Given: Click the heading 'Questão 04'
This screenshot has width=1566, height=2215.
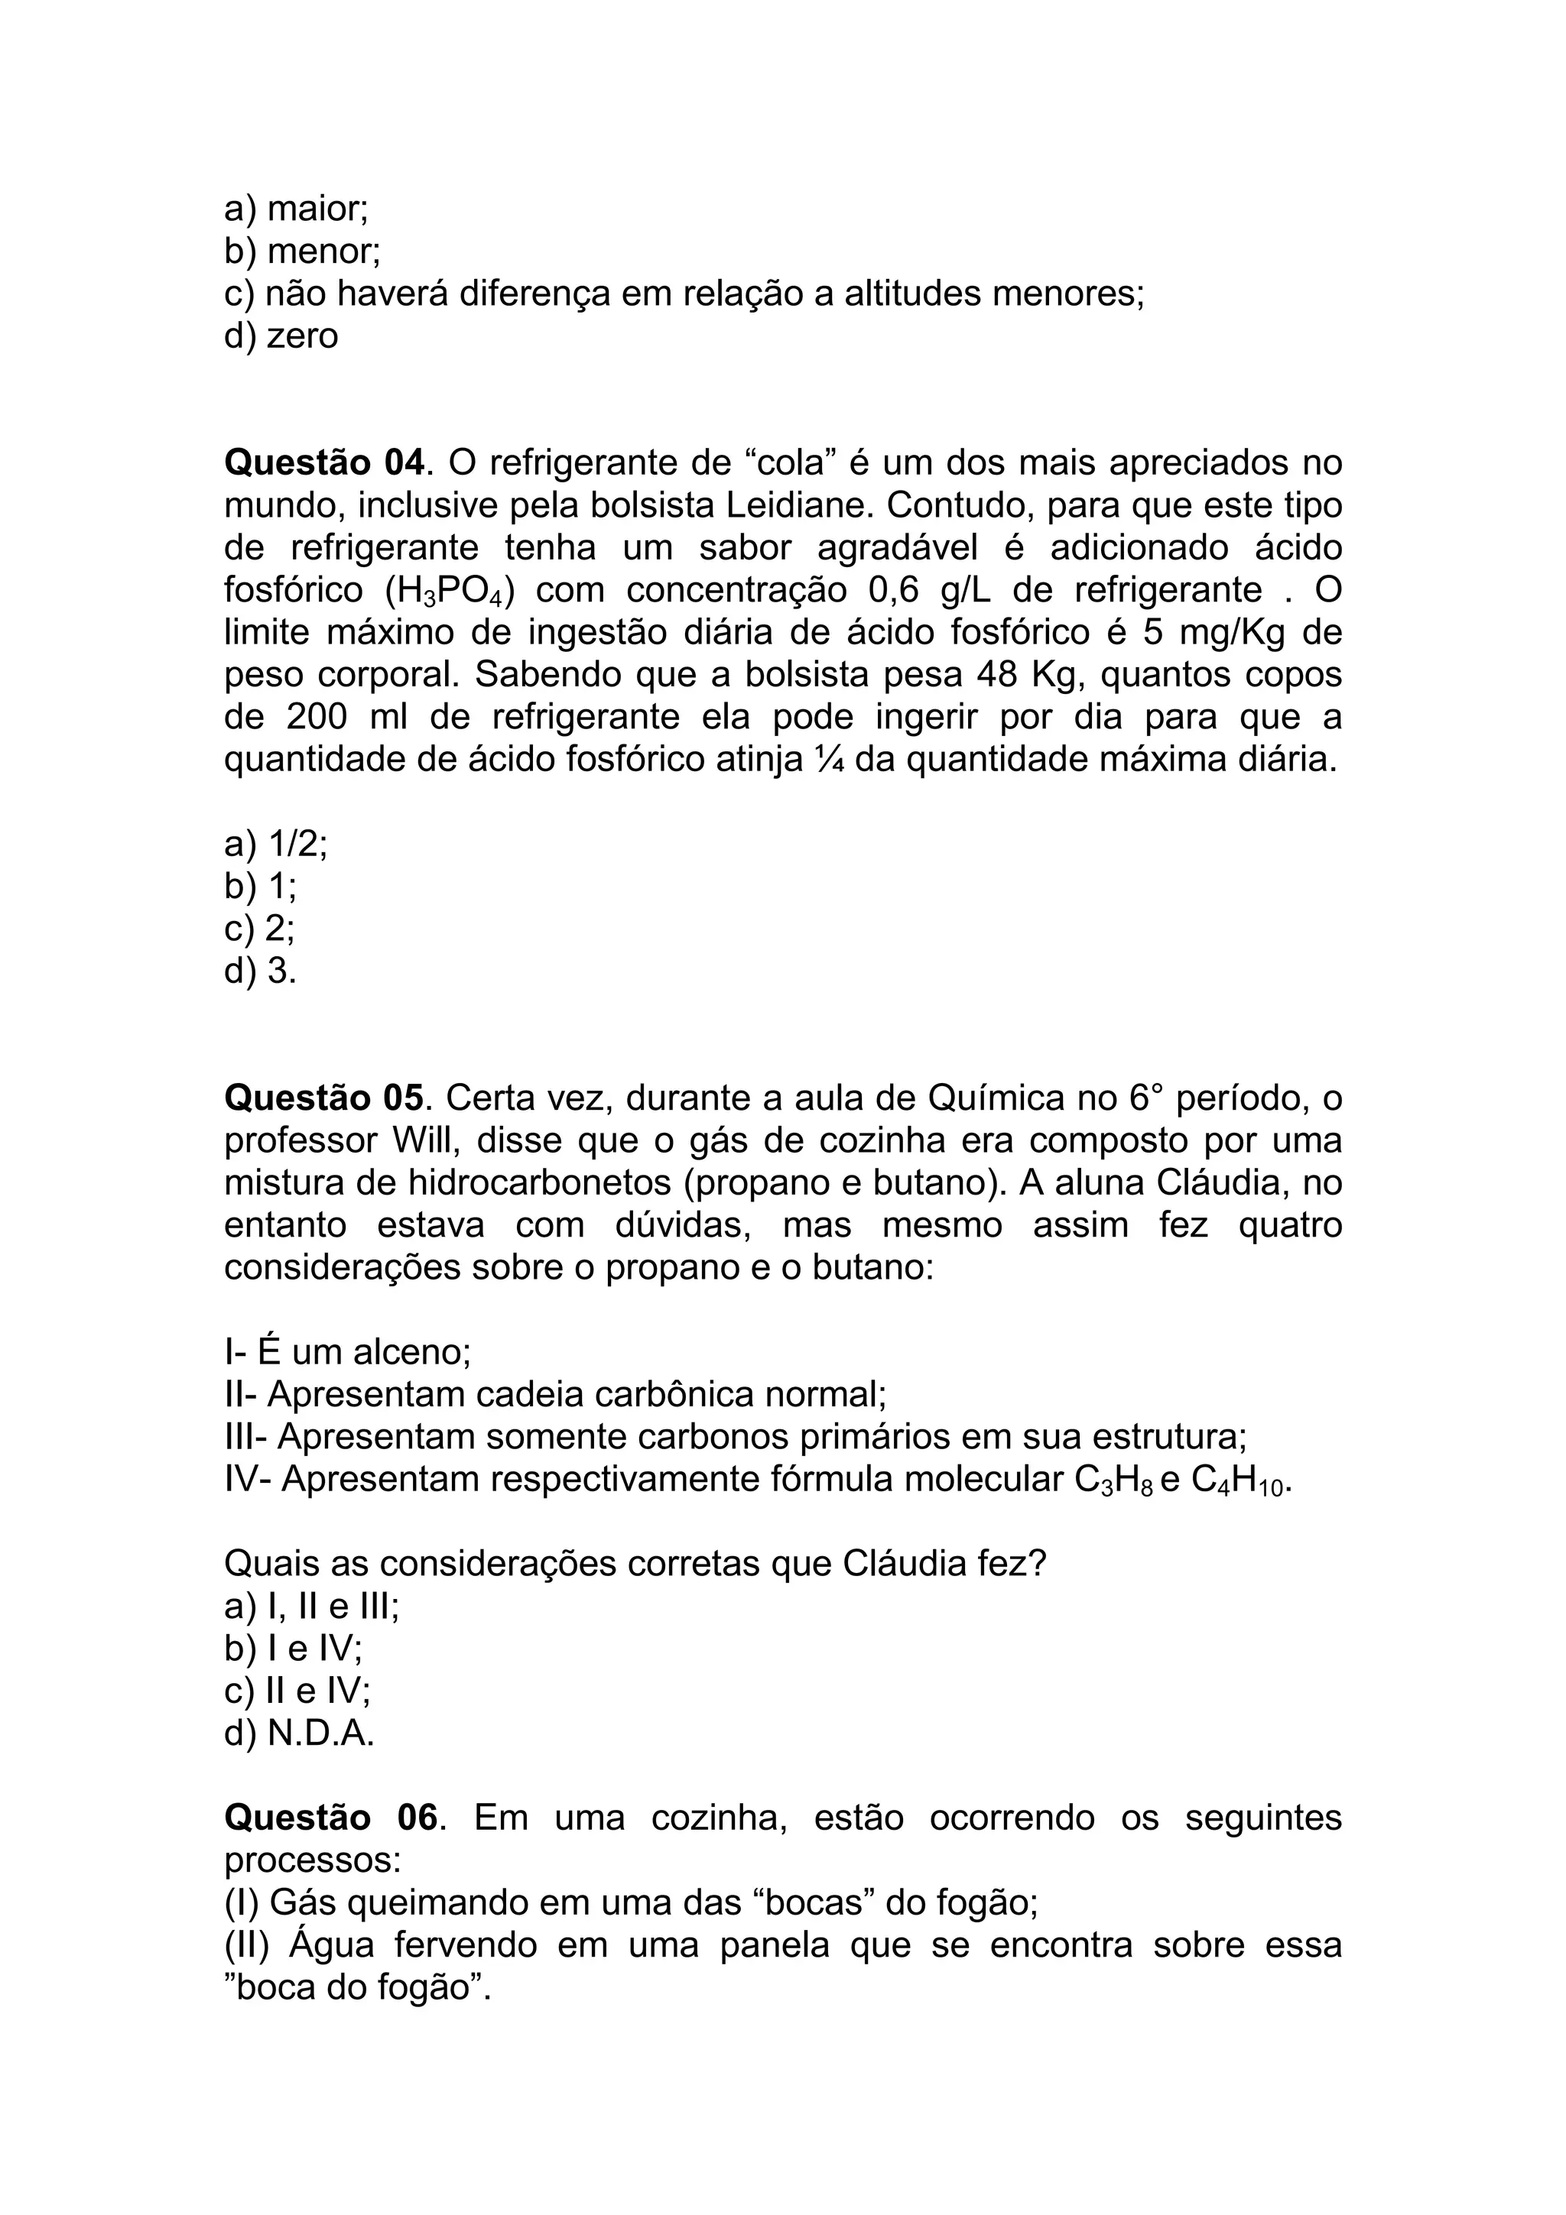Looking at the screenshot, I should point(324,463).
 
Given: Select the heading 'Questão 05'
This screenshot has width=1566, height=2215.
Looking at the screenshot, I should point(324,1098).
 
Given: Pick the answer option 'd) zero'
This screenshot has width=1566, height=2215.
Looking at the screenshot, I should point(281,336).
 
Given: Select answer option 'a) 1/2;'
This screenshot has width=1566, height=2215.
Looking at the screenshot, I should point(276,844).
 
